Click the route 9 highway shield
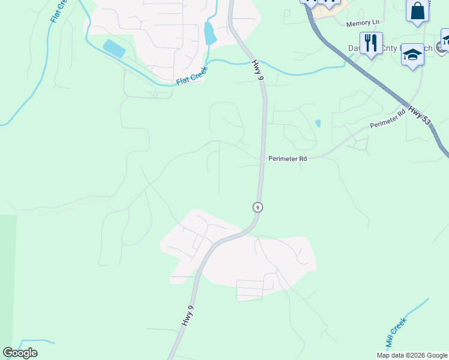[x=258, y=207]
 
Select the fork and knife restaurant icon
[x=371, y=43]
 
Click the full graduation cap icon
[x=412, y=55]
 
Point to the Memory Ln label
[x=363, y=23]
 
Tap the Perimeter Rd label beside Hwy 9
[x=287, y=158]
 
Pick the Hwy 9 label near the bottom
[x=187, y=316]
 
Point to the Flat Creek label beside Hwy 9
[x=191, y=76]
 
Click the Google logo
[x=20, y=353]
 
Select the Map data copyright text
[x=411, y=355]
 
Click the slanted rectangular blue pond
[x=114, y=48]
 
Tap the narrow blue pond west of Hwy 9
[x=210, y=34]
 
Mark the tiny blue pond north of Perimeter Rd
[x=318, y=123]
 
